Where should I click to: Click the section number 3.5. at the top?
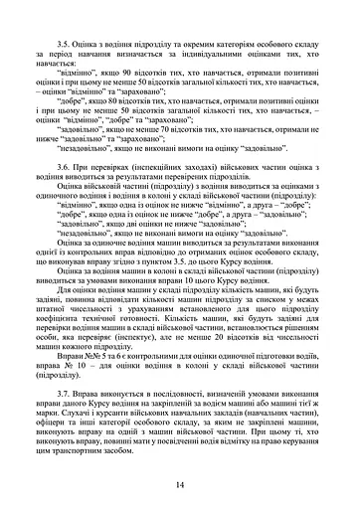coord(68,45)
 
